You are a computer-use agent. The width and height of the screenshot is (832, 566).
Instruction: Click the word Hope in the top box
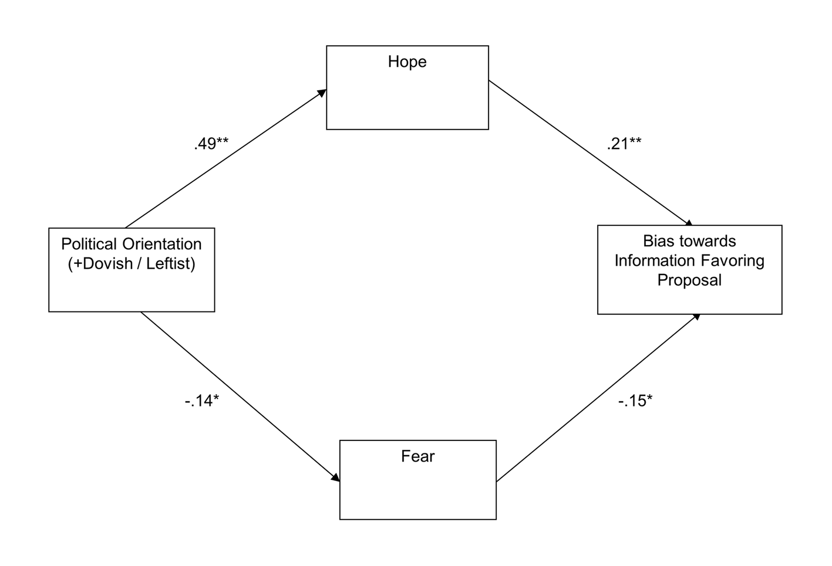(407, 62)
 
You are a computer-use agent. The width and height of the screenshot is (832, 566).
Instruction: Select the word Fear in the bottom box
(417, 456)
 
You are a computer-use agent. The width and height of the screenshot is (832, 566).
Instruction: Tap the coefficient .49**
(211, 144)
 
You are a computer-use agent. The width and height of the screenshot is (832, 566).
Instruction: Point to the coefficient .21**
(624, 144)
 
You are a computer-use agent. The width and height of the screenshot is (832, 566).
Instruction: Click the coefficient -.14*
(201, 401)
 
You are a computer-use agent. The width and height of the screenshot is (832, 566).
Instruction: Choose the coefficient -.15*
(635, 401)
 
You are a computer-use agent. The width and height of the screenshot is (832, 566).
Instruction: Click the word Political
(89, 244)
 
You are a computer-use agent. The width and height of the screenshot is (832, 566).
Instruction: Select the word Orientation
(162, 244)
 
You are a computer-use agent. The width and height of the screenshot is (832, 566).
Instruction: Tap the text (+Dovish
(100, 264)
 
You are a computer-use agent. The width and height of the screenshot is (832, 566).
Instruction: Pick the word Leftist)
(171, 264)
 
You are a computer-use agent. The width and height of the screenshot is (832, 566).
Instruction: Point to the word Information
(655, 260)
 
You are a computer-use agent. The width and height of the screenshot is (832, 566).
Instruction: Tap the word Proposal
(689, 280)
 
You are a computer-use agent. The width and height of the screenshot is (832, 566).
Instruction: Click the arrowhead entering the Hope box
(322, 93)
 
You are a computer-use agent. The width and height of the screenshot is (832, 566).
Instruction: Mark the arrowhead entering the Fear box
(335, 477)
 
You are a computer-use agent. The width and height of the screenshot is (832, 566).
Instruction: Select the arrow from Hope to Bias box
(591, 153)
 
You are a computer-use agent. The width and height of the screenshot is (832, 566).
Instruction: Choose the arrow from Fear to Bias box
(598, 398)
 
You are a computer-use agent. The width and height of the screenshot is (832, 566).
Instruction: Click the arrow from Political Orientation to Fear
(240, 396)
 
